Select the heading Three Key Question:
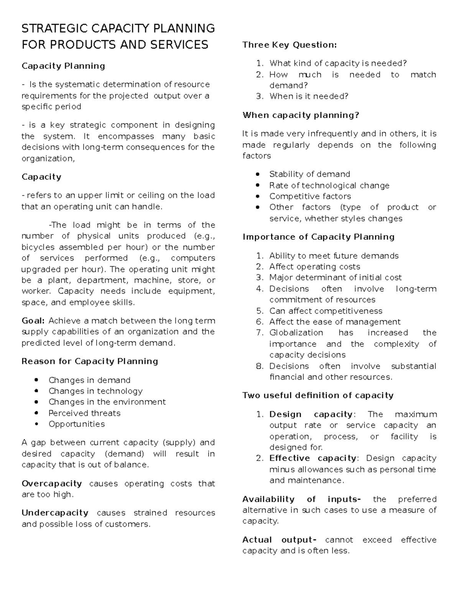[289, 45]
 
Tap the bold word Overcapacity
[52, 484]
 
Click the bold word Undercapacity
[55, 513]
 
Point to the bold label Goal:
[33, 321]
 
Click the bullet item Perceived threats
[84, 413]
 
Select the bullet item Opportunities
[76, 424]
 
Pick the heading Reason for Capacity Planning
[90, 361]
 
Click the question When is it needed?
[309, 96]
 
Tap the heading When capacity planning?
[301, 115]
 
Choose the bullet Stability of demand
[309, 174]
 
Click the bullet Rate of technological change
[329, 185]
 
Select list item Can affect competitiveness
[325, 311]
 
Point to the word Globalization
[296, 333]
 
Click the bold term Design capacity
[311, 414]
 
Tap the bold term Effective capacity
[312, 458]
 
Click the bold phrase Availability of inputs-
[301, 499]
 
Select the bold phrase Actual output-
[279, 540]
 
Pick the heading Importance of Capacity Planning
[318, 237]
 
